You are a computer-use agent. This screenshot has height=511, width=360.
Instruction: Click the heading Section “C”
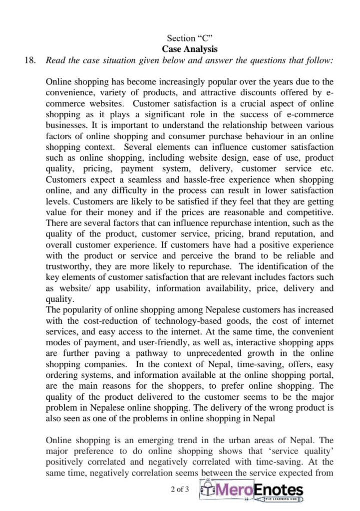pyautogui.click(x=190, y=38)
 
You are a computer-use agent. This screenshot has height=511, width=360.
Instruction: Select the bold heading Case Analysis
pyautogui.click(x=190, y=49)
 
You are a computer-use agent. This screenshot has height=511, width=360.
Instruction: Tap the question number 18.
pyautogui.click(x=30, y=60)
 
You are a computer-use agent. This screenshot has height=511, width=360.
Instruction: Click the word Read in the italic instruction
pyautogui.click(x=55, y=60)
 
